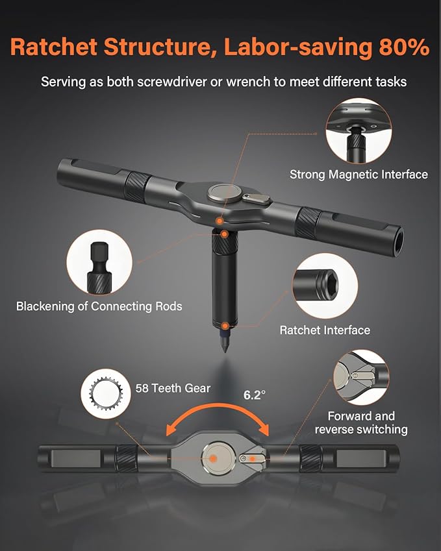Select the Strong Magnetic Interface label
point(359,174)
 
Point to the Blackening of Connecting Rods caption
point(99,306)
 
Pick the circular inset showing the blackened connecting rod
point(99,263)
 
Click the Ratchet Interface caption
point(325,330)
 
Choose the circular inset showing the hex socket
point(325,286)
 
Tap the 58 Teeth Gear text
point(173,387)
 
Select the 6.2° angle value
point(255,394)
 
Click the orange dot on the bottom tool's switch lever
point(244,458)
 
